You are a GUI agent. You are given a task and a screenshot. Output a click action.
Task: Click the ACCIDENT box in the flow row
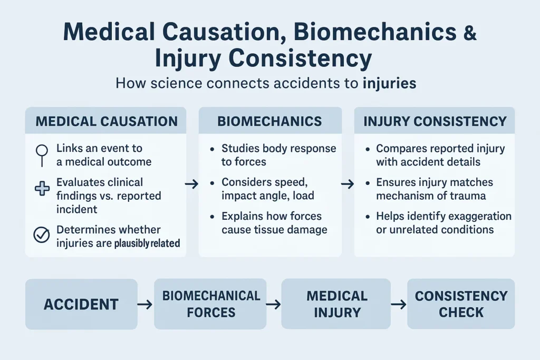point(81,304)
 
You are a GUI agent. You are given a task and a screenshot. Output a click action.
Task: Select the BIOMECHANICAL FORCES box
point(210,304)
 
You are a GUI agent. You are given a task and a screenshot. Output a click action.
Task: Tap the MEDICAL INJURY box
point(336,304)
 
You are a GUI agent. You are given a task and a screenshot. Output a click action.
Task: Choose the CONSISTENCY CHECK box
point(461,304)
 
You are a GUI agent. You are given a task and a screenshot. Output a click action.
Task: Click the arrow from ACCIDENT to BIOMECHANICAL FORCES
point(145,304)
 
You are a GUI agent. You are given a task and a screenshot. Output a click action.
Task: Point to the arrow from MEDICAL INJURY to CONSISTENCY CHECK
point(399,304)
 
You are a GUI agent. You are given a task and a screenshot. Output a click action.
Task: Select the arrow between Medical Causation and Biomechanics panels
point(192,184)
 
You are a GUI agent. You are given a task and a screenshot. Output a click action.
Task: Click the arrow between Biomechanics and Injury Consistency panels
point(348,184)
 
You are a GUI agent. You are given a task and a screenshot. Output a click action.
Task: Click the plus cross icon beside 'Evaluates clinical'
point(42,188)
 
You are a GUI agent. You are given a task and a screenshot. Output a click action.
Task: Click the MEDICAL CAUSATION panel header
point(106,121)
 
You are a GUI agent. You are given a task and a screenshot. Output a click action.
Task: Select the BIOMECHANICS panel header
point(269,121)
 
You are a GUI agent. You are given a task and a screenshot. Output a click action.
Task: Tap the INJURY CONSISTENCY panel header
point(435,121)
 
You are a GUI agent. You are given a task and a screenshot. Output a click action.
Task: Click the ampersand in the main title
point(468,32)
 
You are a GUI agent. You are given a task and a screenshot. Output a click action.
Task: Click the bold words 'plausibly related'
point(147,244)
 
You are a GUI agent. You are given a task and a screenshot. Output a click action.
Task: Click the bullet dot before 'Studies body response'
point(211,149)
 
